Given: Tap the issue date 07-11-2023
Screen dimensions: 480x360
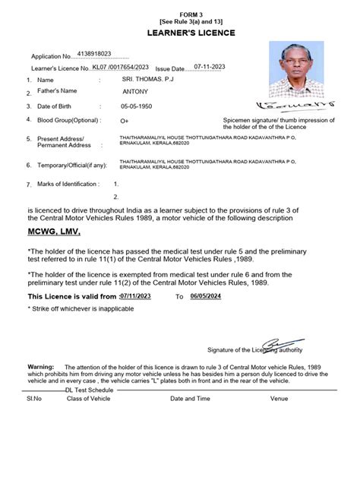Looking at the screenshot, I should (210, 67).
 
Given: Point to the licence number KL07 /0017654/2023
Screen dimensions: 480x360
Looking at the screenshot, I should (120, 68).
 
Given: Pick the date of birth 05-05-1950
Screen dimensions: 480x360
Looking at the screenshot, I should (137, 106).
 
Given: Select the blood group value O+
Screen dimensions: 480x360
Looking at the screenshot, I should (125, 121).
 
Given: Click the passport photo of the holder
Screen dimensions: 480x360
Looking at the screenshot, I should (295, 69).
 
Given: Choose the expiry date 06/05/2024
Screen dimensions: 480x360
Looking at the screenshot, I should (204, 296).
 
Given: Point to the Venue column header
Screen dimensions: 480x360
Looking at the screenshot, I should (279, 397).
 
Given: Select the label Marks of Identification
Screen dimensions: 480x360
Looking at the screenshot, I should (68, 184).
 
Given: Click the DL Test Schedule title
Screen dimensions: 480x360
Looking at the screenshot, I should (89, 389).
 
